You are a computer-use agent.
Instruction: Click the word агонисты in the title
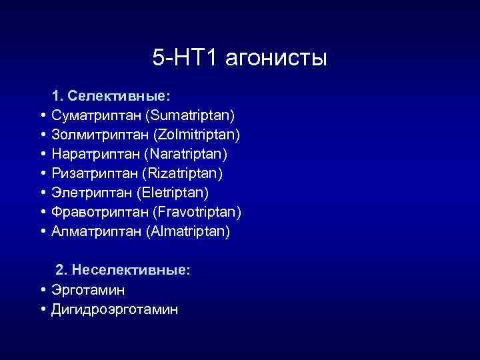[x=276, y=58]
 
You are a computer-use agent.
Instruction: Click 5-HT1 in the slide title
[x=185, y=58]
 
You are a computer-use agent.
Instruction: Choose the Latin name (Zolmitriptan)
[x=197, y=135]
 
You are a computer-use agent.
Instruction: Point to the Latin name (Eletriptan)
[x=173, y=193]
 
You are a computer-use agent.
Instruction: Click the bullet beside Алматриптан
[x=43, y=232]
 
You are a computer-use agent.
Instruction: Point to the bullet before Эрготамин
[x=43, y=290]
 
